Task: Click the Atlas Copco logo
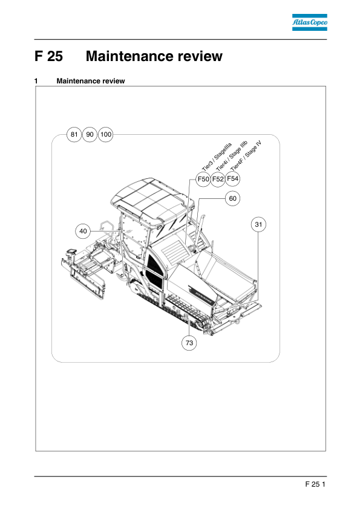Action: tap(309, 22)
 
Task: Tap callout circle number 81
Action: tap(74, 134)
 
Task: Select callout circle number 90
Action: tap(90, 134)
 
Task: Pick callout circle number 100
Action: tap(106, 134)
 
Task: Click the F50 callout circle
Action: tap(203, 179)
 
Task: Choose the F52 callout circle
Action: tap(218, 179)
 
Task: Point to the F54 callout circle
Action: tap(232, 178)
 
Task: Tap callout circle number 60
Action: tap(232, 198)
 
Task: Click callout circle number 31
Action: tap(258, 224)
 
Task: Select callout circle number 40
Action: tap(83, 231)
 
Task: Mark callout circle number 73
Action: tap(189, 343)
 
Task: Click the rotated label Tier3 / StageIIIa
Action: tap(217, 157)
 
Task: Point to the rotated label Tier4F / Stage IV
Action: tap(246, 155)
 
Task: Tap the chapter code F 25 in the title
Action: tap(49, 56)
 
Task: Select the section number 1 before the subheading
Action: tap(36, 81)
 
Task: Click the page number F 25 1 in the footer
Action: tap(315, 484)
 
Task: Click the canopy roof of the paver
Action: tap(151, 199)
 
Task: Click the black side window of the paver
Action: tap(154, 270)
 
